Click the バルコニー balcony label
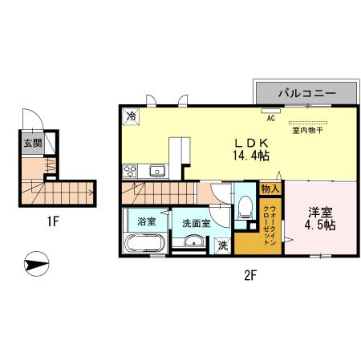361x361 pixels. pos(306,93)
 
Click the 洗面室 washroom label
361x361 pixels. pos(196,223)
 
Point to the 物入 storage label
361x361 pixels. pos(270,189)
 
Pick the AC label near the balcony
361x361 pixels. pos(270,118)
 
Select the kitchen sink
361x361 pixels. pos(157,170)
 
